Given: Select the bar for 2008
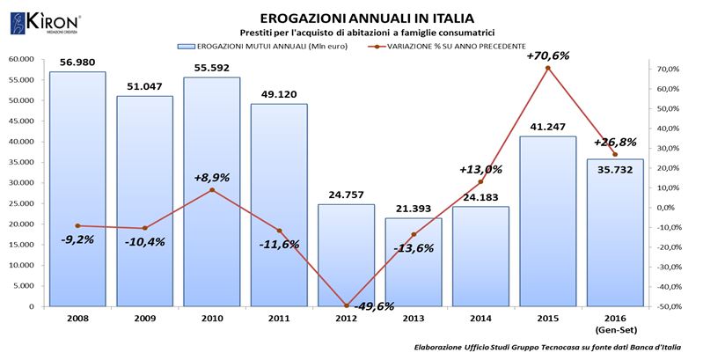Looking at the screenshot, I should click(x=77, y=189).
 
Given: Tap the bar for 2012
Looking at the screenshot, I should click(x=346, y=255).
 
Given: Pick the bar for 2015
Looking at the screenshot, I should click(x=547, y=221).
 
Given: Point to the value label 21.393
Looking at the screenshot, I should click(x=413, y=207).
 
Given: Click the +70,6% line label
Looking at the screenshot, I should click(x=547, y=55).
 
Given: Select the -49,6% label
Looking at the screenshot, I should click(x=373, y=306).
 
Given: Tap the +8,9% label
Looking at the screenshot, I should click(x=211, y=177).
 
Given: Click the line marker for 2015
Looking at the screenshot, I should click(x=547, y=68).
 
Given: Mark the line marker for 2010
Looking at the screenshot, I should click(x=212, y=190).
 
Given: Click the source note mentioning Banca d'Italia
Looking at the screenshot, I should click(x=546, y=349).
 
